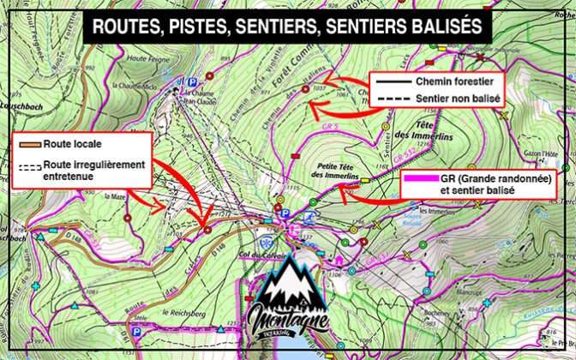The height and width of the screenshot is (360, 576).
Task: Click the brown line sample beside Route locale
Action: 25,146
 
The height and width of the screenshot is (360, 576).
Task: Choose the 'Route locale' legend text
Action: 59,146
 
